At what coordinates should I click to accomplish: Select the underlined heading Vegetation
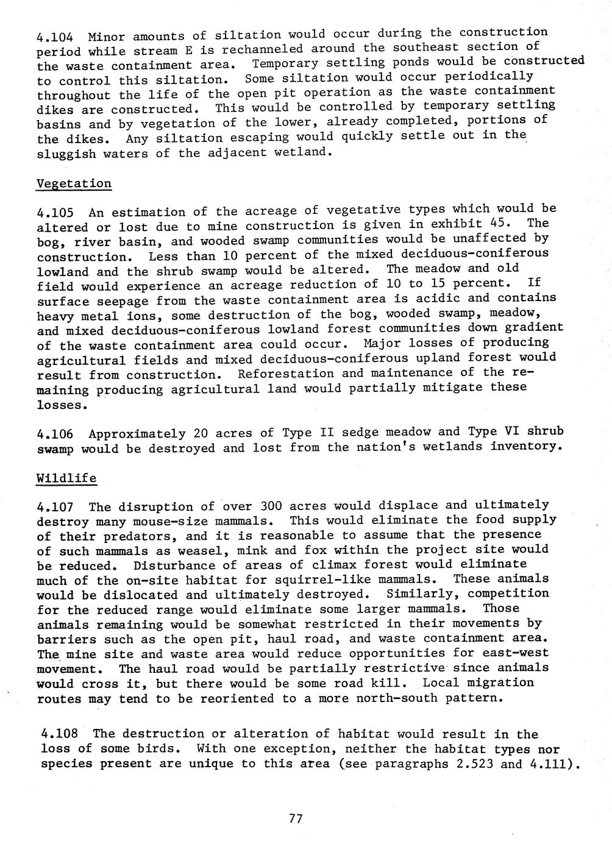point(74,183)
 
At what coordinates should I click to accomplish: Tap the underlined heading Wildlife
point(66,478)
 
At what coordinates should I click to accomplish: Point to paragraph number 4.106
point(55,434)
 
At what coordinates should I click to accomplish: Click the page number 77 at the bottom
point(296,818)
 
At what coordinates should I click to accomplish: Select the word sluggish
point(66,154)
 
